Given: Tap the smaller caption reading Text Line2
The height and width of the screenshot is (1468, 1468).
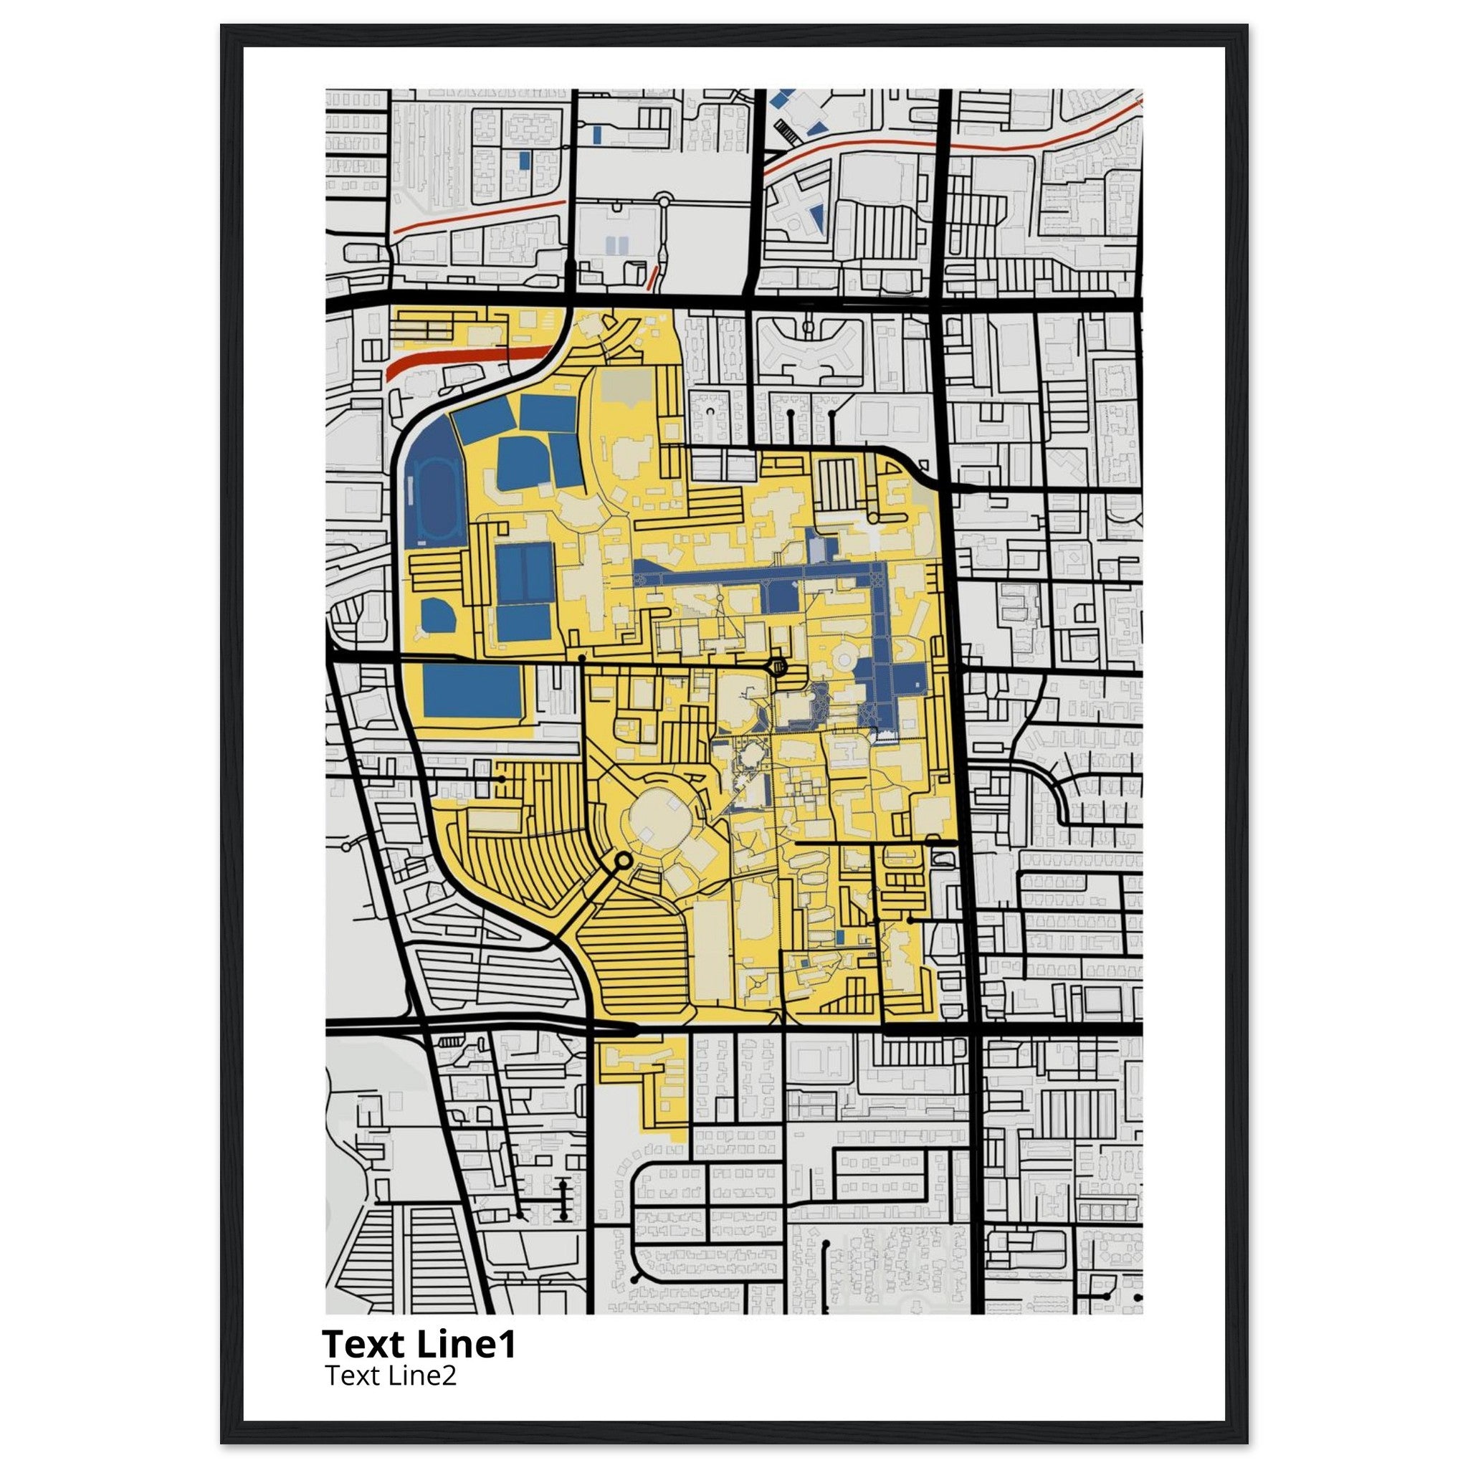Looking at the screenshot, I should point(391,1376).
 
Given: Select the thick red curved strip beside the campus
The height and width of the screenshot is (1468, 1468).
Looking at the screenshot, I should point(467,358).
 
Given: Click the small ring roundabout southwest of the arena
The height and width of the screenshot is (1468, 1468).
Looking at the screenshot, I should point(623,861).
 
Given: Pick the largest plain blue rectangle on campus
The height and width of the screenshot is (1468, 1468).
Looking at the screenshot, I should point(472,690).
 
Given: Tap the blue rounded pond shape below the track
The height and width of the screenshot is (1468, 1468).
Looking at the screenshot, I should point(438,616).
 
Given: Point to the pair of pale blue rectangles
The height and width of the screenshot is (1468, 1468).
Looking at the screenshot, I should point(617,244).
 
